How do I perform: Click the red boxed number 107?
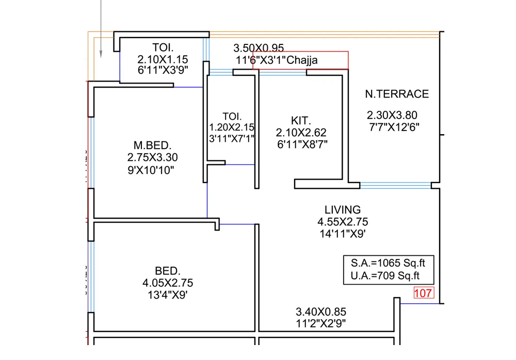click(424, 293)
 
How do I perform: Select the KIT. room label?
click(301, 121)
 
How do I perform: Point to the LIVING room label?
click(343, 210)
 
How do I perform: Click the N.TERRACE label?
click(397, 94)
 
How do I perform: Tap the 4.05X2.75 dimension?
click(168, 283)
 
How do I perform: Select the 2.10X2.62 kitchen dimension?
click(301, 133)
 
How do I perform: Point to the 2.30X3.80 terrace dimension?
click(392, 115)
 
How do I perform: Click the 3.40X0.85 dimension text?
click(320, 312)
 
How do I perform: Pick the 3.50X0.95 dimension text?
click(259, 48)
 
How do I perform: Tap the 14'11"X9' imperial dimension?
click(343, 234)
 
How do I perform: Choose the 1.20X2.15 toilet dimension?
click(232, 127)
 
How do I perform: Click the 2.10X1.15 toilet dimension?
click(163, 59)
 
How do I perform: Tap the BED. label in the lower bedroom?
click(168, 271)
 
